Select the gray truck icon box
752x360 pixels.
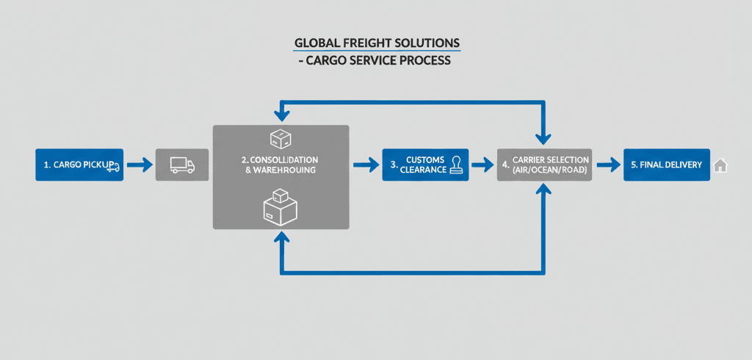tap(181, 165)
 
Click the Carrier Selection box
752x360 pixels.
tap(544, 165)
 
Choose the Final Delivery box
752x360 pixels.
tap(667, 165)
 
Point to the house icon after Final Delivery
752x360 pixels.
tap(720, 166)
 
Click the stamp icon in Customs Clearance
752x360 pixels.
tap(458, 164)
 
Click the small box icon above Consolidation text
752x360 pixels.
tap(280, 137)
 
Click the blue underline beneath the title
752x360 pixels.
tap(377, 51)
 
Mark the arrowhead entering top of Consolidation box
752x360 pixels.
tap(280, 117)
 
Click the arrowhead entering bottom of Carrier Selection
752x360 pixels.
tap(543, 190)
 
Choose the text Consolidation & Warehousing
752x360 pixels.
tap(280, 165)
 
